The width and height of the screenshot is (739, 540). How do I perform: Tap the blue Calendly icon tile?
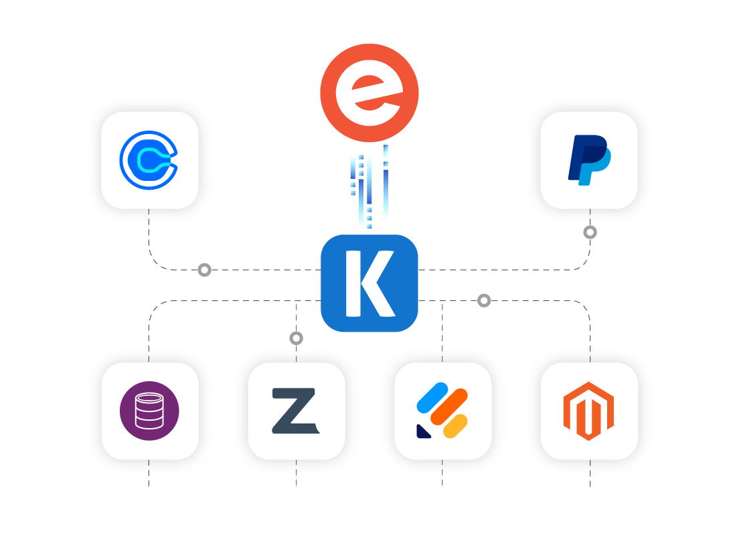coord(149,160)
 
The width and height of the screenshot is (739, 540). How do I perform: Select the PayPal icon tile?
coord(588,160)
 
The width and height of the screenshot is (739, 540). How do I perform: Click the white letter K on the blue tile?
coord(368,283)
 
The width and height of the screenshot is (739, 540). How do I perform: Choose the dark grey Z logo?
coord(295,411)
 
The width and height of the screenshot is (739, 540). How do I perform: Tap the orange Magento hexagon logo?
coord(588,411)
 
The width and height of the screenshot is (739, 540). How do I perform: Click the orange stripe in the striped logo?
coord(448,407)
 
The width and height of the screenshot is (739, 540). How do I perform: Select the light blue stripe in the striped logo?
coord(432,397)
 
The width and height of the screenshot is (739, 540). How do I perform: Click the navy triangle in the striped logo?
coord(423,431)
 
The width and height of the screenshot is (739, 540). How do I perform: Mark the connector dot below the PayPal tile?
coord(590,232)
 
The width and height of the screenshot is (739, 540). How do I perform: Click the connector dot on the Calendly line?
coord(204,270)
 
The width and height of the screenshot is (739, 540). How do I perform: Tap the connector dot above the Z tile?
coord(296,338)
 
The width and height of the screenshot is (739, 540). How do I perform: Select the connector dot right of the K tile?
coord(484,301)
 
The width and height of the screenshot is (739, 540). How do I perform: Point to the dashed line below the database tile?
coord(149,474)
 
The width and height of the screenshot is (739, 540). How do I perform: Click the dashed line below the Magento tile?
coord(590,474)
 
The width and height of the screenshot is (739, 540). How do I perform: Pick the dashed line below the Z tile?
coord(296,474)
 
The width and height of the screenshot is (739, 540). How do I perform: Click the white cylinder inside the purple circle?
coord(149,411)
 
